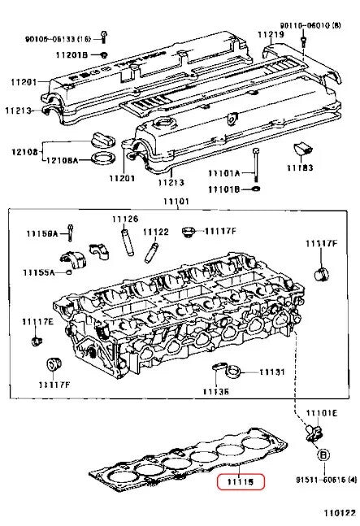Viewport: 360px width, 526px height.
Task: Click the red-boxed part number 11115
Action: tap(241, 482)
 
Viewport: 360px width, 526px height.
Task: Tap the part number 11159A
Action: tap(41, 234)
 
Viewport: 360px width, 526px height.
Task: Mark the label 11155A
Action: tap(38, 272)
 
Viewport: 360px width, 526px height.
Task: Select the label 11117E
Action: tap(37, 323)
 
